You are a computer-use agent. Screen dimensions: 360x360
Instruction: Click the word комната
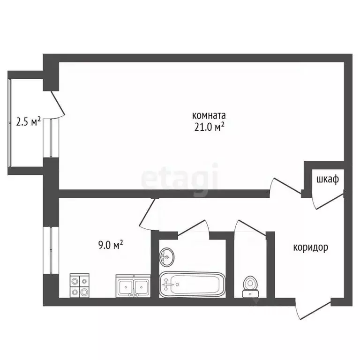209,115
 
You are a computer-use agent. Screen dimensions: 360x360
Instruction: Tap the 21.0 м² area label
209,127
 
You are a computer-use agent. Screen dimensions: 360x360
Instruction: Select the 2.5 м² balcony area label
28,121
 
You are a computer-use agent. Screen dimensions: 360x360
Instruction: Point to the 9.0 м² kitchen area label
111,245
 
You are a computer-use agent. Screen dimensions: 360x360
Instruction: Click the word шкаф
328,180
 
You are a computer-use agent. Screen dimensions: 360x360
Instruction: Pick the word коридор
311,247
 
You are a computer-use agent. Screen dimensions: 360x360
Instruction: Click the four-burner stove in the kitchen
79,285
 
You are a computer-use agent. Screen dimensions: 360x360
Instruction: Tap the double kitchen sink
133,286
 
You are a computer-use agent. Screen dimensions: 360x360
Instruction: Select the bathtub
192,285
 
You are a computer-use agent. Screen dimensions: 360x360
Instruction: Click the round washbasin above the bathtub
167,257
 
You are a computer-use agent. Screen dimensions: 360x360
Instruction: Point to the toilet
250,287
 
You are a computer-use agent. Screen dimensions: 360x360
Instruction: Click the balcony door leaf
58,103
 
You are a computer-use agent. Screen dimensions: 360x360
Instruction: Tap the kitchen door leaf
147,212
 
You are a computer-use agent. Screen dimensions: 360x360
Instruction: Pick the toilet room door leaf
252,227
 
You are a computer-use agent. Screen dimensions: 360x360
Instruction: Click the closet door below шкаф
330,202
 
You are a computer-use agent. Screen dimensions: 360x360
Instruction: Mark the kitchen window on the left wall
51,250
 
